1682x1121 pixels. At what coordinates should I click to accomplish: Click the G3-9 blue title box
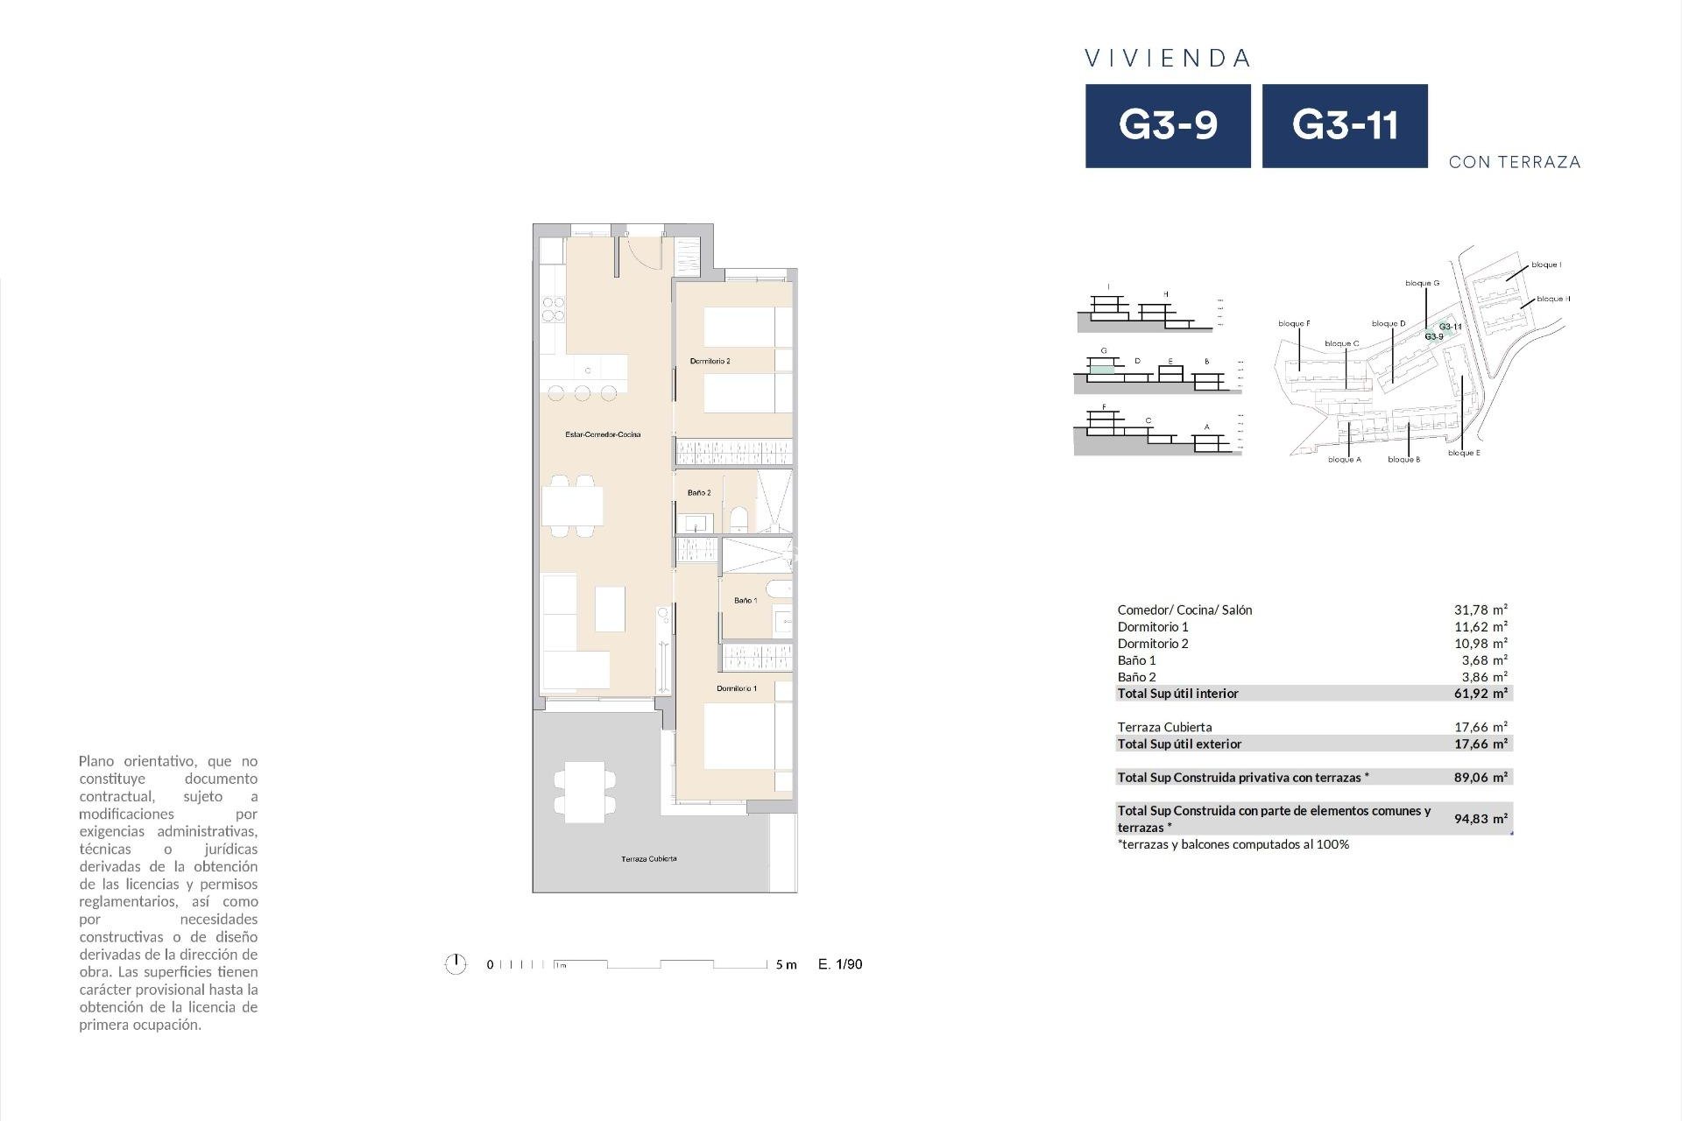click(1168, 125)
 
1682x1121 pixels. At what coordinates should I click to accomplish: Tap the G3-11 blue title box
click(1344, 125)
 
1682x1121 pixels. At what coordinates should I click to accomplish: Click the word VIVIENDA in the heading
click(1168, 59)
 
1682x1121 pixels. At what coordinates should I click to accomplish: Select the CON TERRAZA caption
click(1515, 162)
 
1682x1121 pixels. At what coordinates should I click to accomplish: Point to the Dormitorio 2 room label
click(710, 361)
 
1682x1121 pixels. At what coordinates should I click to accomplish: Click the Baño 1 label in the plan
click(746, 601)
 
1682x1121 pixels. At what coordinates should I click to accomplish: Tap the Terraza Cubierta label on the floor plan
click(648, 859)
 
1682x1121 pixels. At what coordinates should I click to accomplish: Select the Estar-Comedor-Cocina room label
click(603, 434)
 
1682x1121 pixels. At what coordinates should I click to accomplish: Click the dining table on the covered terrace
click(584, 791)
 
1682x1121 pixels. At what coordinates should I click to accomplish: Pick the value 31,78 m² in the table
click(1481, 610)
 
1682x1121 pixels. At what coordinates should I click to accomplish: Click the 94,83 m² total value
click(1481, 819)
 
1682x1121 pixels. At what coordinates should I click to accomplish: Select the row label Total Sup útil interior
click(1177, 694)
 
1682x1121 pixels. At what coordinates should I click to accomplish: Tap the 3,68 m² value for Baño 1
click(1481, 660)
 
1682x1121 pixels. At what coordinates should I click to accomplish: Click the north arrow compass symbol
click(456, 964)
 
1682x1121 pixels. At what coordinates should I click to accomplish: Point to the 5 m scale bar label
click(786, 965)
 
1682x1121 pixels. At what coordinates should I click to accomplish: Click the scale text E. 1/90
click(840, 964)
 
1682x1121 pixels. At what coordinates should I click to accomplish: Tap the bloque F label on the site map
click(1294, 324)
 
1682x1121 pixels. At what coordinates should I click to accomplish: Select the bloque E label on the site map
click(1464, 454)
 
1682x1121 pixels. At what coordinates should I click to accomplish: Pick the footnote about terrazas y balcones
click(1233, 845)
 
